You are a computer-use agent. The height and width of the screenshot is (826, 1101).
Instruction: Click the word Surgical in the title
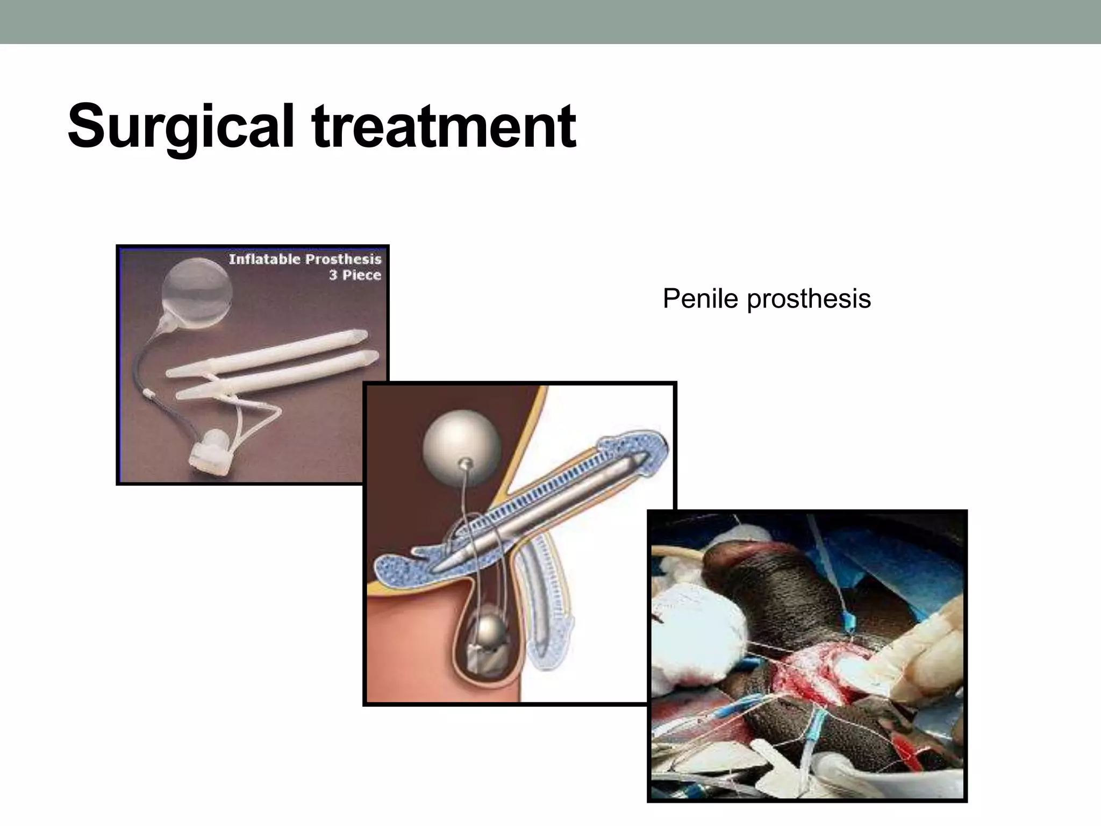click(x=181, y=127)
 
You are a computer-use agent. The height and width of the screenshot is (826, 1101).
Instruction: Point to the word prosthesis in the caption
click(x=809, y=300)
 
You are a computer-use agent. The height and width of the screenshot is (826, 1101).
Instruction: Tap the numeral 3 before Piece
click(x=333, y=275)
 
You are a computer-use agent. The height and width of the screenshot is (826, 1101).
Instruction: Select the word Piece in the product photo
click(x=362, y=275)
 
